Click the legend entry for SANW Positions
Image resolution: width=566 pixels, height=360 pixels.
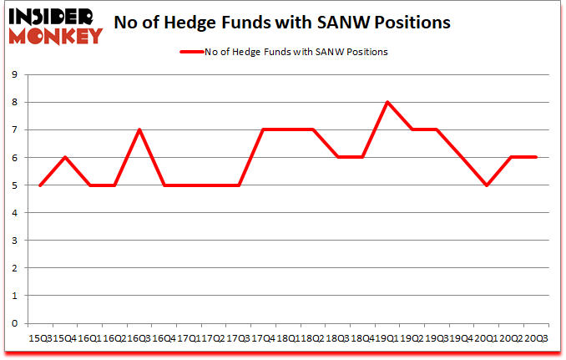tap(283, 52)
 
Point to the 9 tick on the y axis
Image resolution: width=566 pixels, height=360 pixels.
tap(16, 75)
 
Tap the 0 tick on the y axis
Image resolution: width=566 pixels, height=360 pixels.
tap(16, 323)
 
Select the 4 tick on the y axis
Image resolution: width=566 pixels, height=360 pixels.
tap(16, 213)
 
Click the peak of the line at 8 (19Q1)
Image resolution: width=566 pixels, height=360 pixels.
tap(387, 102)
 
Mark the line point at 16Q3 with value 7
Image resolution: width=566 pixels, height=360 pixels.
tap(139, 129)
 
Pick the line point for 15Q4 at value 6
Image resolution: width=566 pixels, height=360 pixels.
tap(65, 157)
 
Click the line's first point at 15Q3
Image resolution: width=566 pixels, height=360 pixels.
tap(40, 185)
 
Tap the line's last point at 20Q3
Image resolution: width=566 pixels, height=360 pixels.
tap(535, 157)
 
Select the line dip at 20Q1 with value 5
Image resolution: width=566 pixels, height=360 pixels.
tap(486, 185)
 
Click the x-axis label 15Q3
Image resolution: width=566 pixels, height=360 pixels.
tap(40, 338)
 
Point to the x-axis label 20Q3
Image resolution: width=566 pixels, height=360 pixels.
tap(535, 338)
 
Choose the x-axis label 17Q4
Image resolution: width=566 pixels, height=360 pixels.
tap(263, 338)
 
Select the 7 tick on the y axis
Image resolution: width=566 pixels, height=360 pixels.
tap(16, 130)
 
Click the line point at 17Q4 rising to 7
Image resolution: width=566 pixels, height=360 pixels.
tap(263, 129)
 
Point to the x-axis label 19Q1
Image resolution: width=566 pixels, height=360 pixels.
tap(387, 338)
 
